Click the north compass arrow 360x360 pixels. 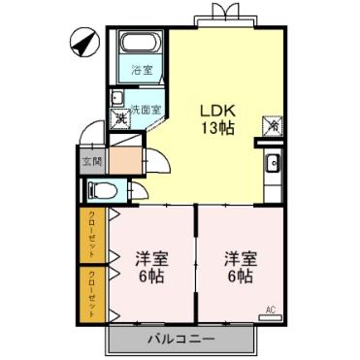(82, 45)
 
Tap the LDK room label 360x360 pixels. (215, 109)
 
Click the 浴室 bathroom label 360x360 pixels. (142, 71)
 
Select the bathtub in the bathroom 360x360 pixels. (142, 47)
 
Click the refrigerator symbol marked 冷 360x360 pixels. (272, 126)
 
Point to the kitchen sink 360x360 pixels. (273, 162)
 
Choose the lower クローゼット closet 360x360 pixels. (92, 293)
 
